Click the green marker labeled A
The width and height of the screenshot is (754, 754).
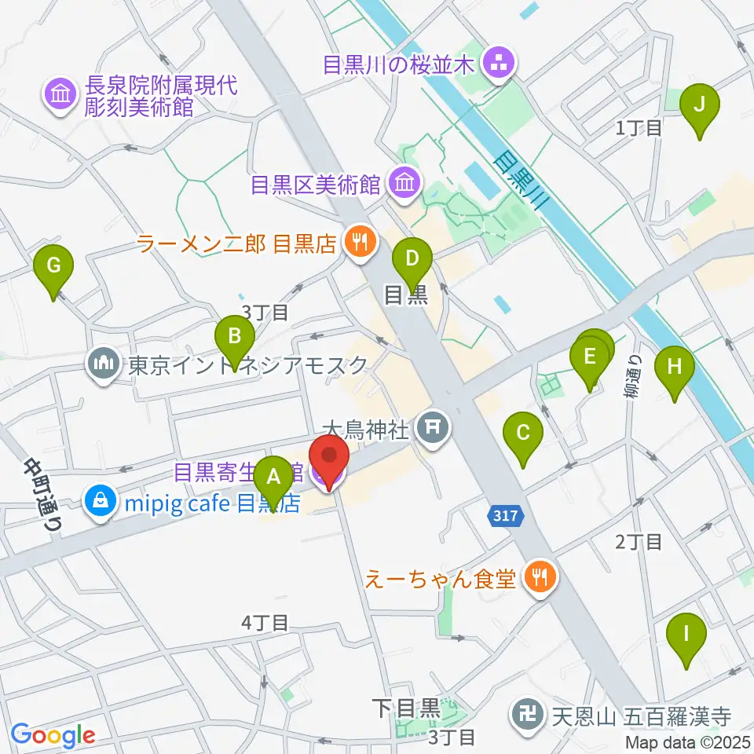(x=274, y=476)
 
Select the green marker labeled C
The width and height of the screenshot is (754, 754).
(x=524, y=433)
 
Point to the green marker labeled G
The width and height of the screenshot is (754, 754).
(x=53, y=265)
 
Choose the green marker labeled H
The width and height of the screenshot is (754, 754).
(x=675, y=366)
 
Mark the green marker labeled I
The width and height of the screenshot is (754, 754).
(x=686, y=633)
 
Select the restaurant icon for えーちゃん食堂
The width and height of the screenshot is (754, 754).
(x=540, y=579)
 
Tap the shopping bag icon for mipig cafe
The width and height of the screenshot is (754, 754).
(x=102, y=500)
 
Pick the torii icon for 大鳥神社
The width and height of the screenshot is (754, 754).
(x=431, y=429)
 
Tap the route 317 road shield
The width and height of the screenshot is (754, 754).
(x=507, y=516)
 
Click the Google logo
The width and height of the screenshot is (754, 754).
(x=53, y=735)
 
